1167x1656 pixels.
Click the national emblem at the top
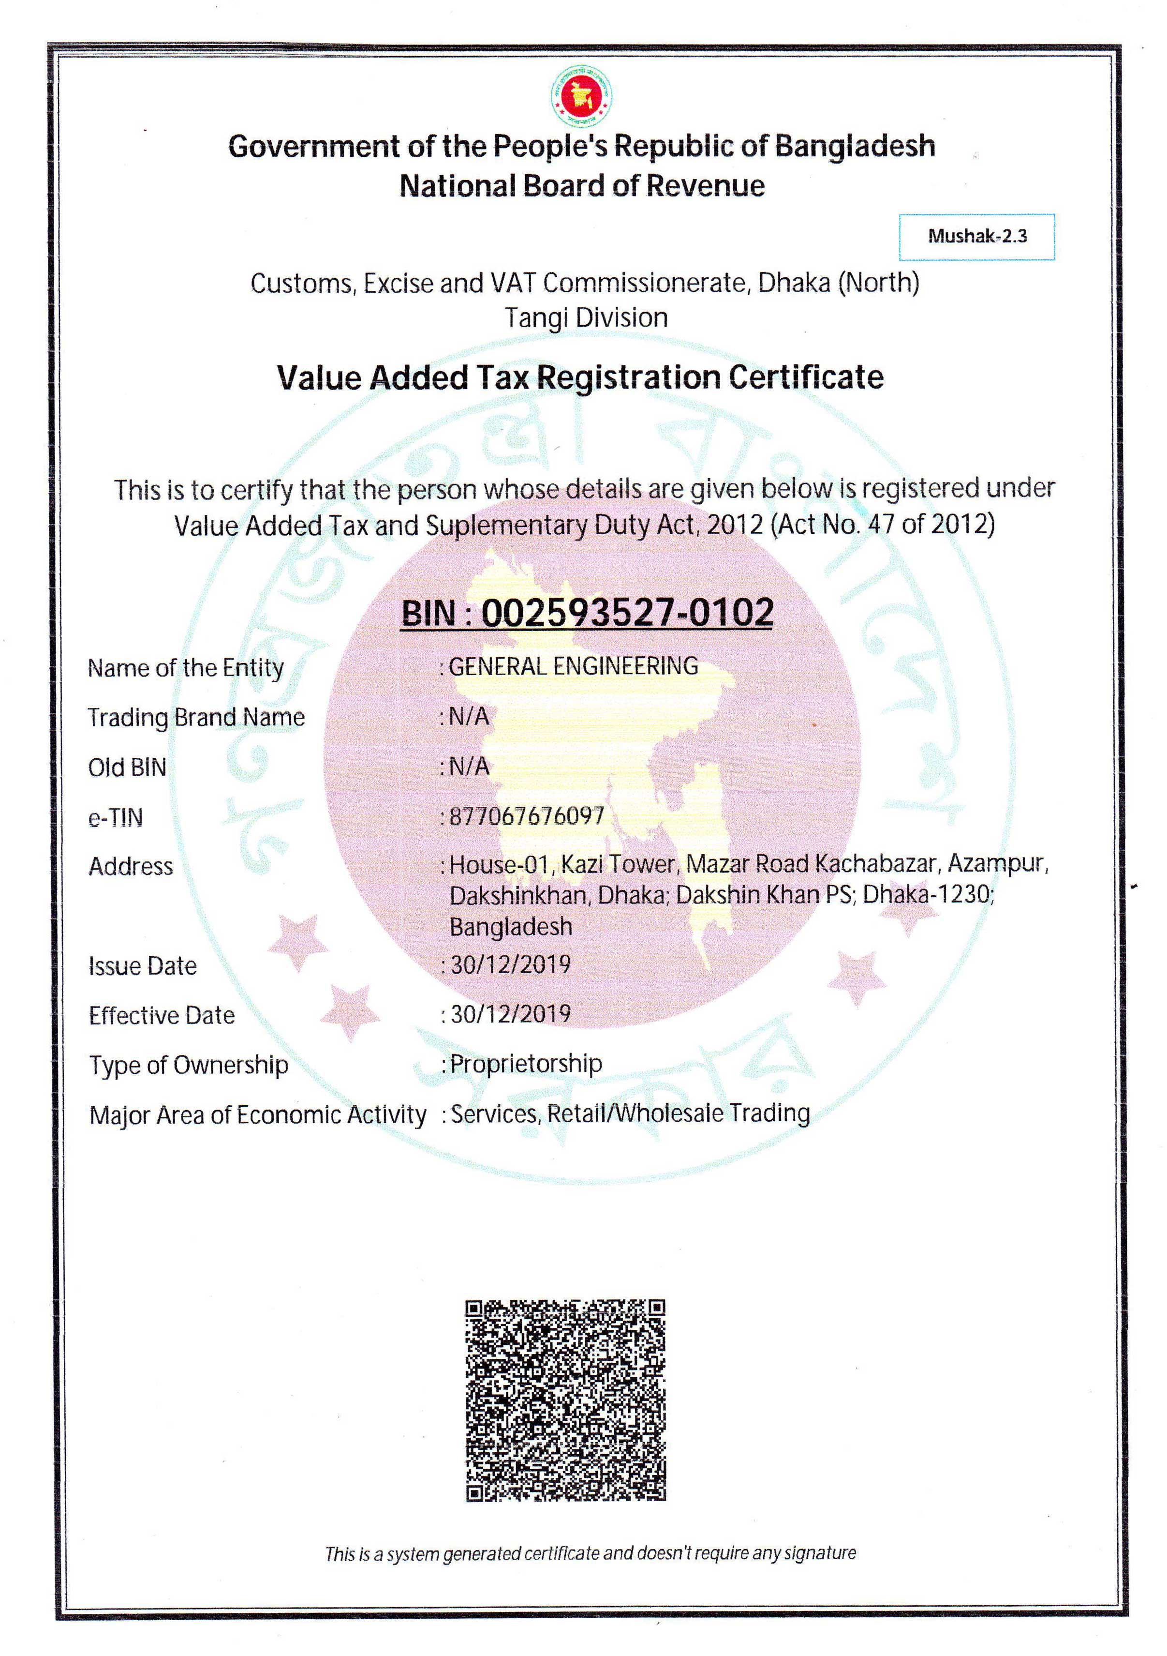coord(581,96)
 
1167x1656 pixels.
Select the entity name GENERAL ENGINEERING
coord(573,666)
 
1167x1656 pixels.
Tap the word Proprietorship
coord(526,1064)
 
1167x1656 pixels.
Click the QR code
coord(565,1400)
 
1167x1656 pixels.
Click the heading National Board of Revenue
coord(582,186)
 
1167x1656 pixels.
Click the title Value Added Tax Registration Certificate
coord(580,377)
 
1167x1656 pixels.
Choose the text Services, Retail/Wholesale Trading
coord(630,1113)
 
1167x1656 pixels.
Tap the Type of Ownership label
coord(188,1065)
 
